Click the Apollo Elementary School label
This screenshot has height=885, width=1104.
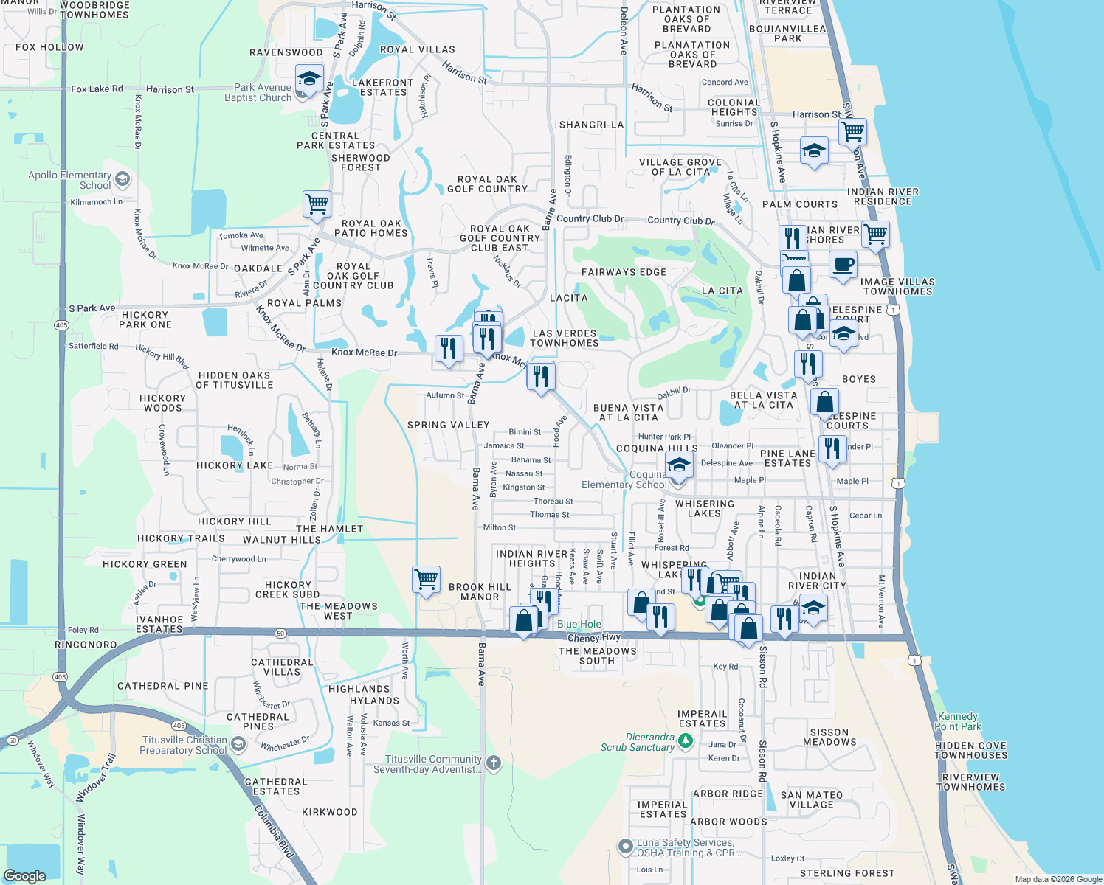tap(69, 180)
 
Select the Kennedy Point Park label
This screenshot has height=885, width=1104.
tap(958, 721)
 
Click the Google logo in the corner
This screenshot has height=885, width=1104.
tap(24, 875)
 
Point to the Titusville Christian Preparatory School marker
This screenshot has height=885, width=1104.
tap(238, 744)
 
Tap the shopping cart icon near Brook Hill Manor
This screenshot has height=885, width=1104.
tap(427, 580)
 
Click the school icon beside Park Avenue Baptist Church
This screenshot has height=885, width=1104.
tap(309, 79)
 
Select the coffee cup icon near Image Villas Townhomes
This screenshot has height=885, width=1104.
tap(843, 265)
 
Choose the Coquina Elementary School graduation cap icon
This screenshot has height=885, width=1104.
tap(679, 466)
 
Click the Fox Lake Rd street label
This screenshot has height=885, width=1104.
tap(97, 88)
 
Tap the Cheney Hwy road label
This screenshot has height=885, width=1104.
tap(594, 638)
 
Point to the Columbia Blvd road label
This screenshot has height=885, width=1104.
tap(274, 831)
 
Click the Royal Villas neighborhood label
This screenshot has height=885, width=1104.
tap(417, 49)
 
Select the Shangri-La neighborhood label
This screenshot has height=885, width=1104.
tap(591, 125)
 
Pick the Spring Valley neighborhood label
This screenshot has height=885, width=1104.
tap(449, 425)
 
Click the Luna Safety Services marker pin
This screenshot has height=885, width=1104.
tap(626, 846)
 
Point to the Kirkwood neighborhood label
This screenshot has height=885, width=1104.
tap(329, 812)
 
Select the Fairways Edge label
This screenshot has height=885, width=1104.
tap(624, 272)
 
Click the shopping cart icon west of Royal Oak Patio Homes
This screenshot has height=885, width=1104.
tap(317, 204)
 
